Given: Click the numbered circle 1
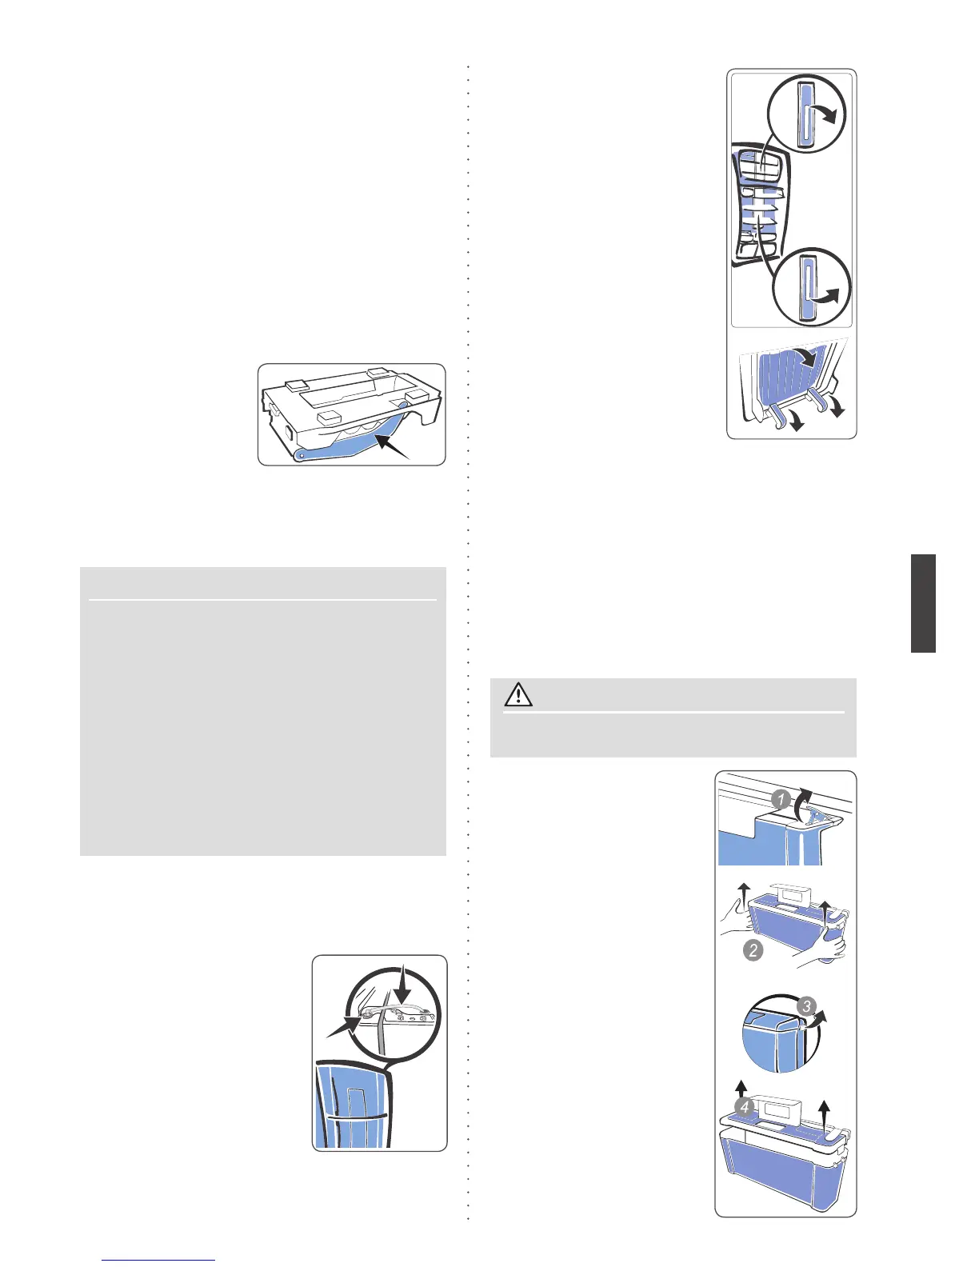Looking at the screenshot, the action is point(782,799).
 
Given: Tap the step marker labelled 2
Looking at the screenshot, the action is point(753,950).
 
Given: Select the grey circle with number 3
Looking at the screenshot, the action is point(807,1005).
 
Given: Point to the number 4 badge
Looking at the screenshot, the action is point(745,1108).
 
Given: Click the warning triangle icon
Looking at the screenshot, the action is point(518,694).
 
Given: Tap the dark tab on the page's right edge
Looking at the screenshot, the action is point(923,603).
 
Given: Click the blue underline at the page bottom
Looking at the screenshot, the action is point(159,1261).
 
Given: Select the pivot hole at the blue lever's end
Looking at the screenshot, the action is point(300,455).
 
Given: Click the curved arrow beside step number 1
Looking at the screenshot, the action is point(803,802).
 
